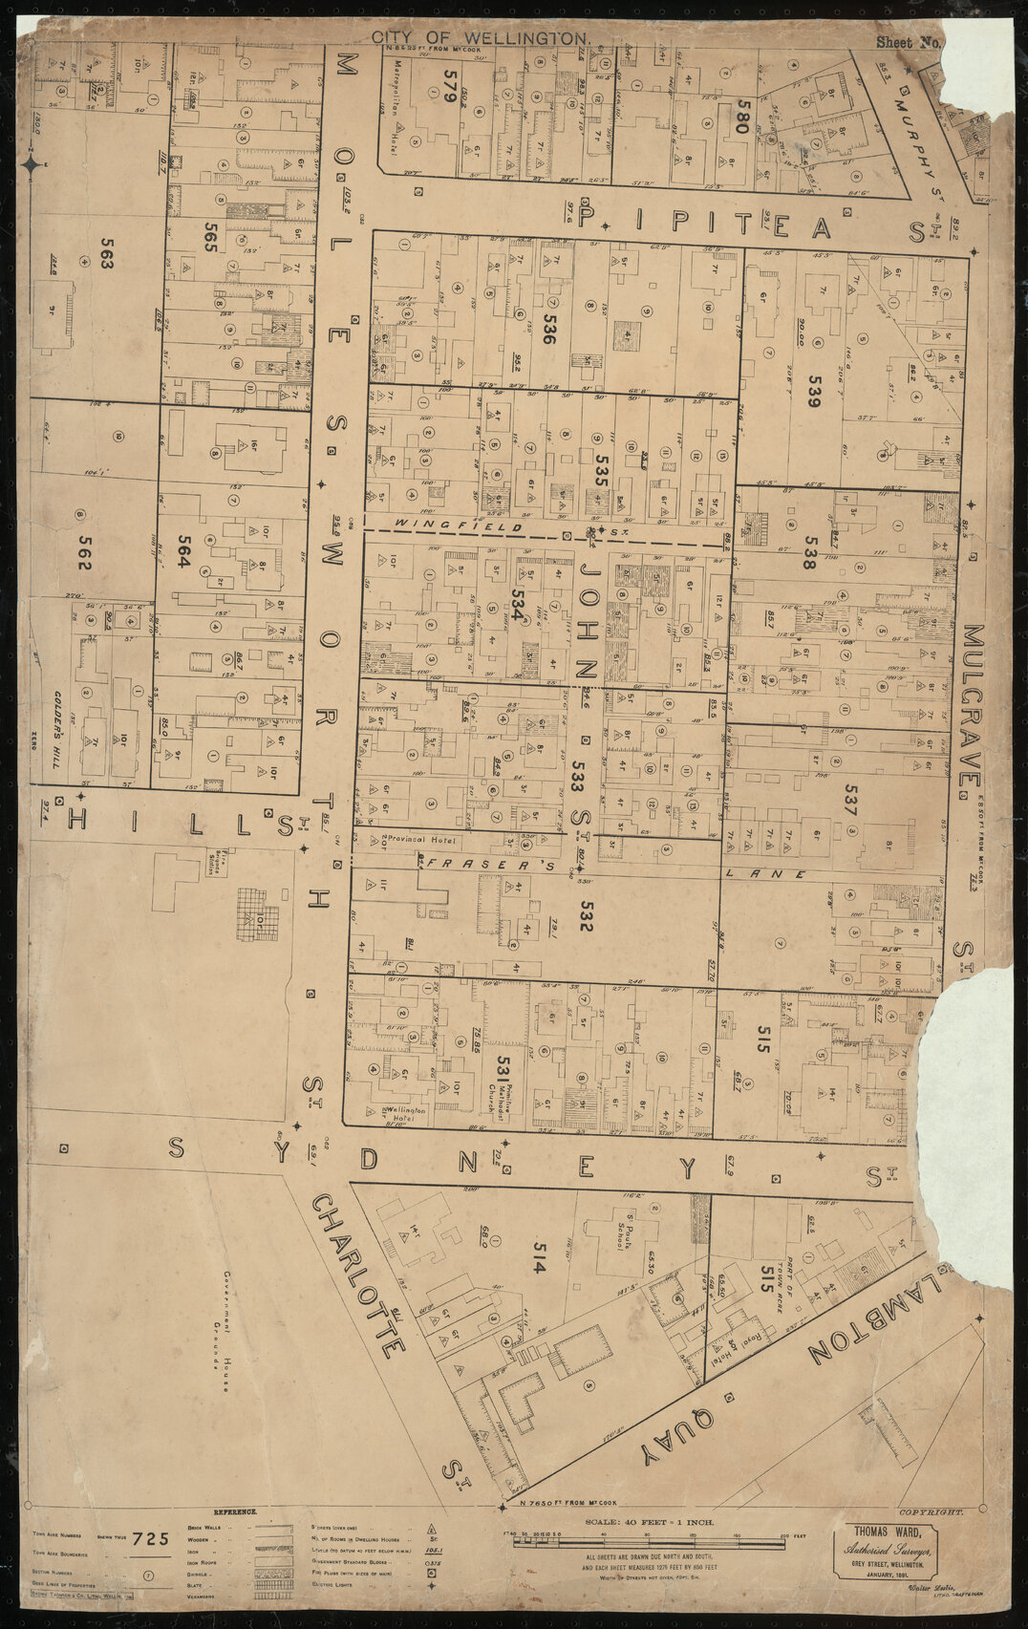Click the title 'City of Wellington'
pyautogui.click(x=481, y=37)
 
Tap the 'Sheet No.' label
pyautogui.click(x=909, y=42)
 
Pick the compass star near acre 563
pyautogui.click(x=32, y=165)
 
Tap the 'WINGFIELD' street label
pyautogui.click(x=459, y=526)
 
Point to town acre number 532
pyautogui.click(x=586, y=914)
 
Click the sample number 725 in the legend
pyautogui.click(x=152, y=1539)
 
